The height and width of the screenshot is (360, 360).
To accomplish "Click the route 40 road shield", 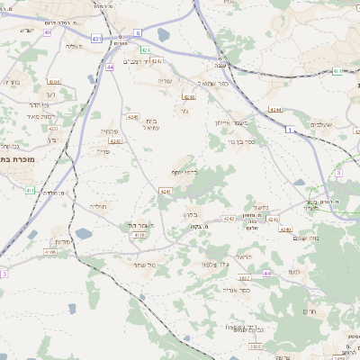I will click(x=47, y=31).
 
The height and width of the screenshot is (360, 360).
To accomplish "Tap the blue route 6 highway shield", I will click(x=139, y=32).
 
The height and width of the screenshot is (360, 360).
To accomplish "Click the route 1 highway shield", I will click(x=290, y=130).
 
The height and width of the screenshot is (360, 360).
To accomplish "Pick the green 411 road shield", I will click(x=30, y=191).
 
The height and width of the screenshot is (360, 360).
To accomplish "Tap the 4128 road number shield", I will click(x=139, y=235).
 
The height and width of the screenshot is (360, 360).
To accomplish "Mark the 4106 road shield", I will click(x=50, y=252).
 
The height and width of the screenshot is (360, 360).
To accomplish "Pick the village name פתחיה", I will click(x=113, y=131).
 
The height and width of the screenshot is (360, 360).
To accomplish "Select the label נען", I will click(x=50, y=94).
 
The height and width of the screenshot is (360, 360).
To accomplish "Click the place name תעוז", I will click(x=293, y=271).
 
